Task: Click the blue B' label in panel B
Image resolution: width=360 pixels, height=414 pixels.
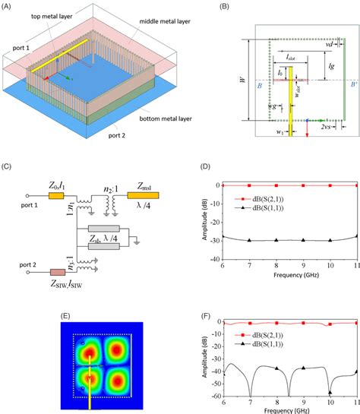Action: coord(344,84)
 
